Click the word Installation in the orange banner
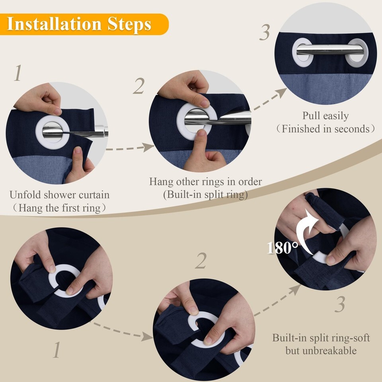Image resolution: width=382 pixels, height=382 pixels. point(54,24)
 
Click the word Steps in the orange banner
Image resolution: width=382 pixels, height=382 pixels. point(129,25)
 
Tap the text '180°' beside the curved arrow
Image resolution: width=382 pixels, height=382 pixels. point(283,248)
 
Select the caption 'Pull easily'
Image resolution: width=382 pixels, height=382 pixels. point(325,116)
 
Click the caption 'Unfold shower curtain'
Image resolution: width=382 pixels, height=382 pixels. point(59,195)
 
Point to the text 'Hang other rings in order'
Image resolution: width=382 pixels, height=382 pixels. point(205,182)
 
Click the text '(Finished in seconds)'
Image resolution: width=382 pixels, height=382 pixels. point(325,129)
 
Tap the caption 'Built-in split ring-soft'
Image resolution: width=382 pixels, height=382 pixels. point(321,338)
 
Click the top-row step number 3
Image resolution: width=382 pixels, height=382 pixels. point(265,32)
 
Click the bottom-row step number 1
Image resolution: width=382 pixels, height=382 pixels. point(57,349)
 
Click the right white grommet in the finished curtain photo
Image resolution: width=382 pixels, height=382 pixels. point(357,53)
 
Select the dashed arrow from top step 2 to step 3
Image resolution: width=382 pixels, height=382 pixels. point(270,99)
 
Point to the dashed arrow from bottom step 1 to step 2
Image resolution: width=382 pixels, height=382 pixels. point(122,332)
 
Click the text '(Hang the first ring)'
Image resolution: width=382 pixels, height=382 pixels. point(59,208)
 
